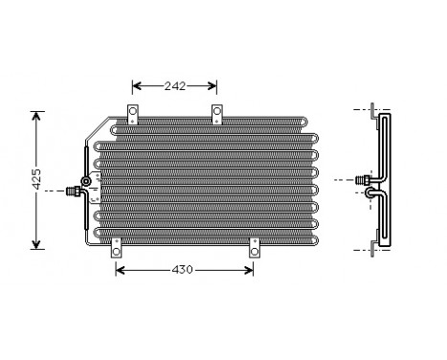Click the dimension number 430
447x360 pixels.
point(183,269)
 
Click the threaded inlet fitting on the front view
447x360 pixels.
point(72,191)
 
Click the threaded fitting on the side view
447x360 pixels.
point(362,179)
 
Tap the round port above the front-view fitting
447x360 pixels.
point(87,180)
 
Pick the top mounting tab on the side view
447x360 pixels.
point(372,112)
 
